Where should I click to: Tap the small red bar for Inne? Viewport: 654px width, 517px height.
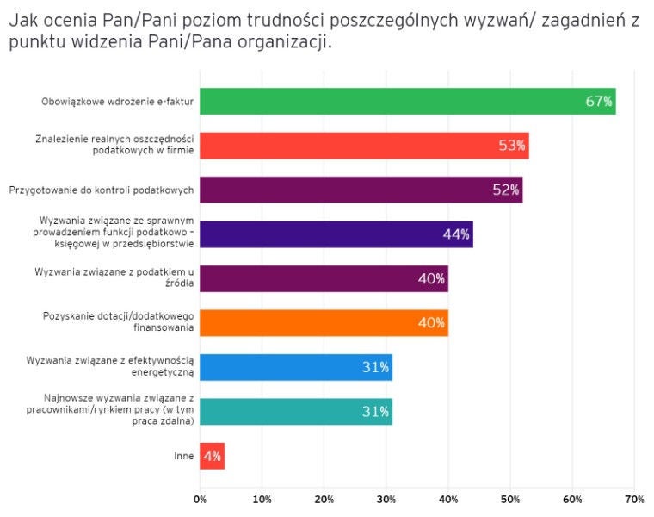[x=212, y=456]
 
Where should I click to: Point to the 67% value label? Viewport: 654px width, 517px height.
[x=599, y=102]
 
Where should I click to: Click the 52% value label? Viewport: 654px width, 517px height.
[x=506, y=190]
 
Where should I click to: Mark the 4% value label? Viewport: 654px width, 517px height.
[x=212, y=456]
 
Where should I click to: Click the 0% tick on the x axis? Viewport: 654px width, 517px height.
[x=201, y=499]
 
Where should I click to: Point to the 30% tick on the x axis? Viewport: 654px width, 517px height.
[x=386, y=499]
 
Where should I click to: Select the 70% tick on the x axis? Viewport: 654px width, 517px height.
[x=634, y=499]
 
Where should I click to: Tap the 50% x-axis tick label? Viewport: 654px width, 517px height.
[x=510, y=499]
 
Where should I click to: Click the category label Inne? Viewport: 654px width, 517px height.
[x=183, y=456]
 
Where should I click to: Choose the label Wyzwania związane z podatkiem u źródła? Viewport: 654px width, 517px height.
[x=114, y=278]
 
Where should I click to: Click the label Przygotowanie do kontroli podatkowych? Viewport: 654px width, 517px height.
[x=101, y=190]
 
